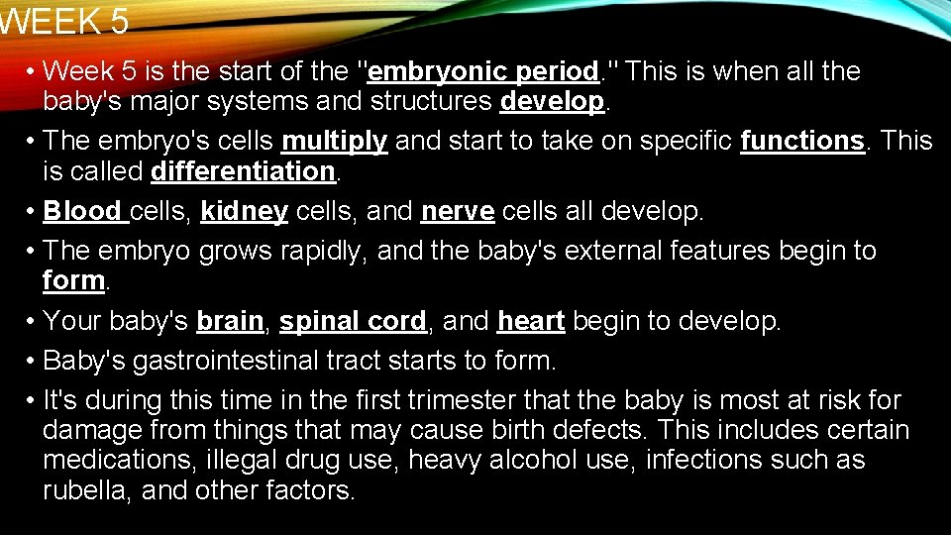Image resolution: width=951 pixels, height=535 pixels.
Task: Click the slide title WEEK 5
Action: tap(64, 21)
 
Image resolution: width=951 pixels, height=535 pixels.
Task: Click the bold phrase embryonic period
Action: tap(482, 71)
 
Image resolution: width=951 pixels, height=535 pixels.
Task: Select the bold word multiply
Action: tap(335, 142)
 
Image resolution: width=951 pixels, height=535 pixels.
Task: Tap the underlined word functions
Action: tap(802, 142)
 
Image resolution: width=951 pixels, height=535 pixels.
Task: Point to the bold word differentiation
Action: tap(244, 171)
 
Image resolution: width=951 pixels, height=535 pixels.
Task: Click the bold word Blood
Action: tap(83, 211)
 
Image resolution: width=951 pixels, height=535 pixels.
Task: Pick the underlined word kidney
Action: tap(245, 211)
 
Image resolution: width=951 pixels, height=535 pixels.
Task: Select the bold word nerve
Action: tap(458, 211)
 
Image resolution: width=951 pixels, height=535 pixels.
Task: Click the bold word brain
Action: tap(230, 321)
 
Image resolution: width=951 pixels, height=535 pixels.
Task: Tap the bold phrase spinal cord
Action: tap(353, 321)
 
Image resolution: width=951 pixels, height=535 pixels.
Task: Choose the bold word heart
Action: tap(531, 321)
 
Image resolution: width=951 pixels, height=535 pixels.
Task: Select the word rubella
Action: tap(84, 490)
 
